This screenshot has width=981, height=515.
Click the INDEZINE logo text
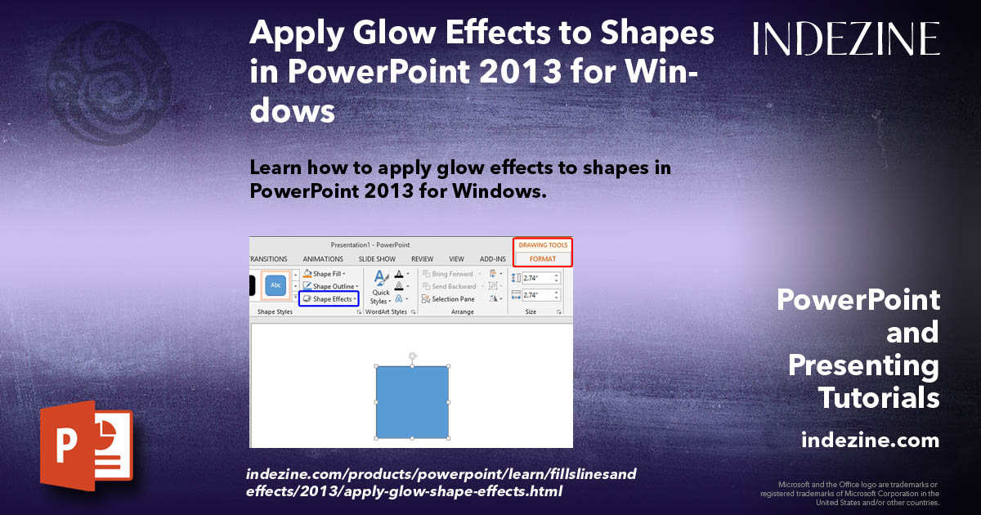point(846,38)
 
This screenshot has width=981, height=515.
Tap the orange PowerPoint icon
point(86,446)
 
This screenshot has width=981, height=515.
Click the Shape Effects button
point(329,299)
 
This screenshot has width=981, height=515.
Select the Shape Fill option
point(325,274)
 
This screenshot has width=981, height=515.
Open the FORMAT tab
point(542,259)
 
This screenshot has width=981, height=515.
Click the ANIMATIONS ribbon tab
point(323,259)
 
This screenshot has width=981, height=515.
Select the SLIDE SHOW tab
point(377,259)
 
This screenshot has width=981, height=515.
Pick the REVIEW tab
point(423,259)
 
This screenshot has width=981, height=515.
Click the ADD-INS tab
point(493,259)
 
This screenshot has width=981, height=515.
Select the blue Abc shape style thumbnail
point(275,286)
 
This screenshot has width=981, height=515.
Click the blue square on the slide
point(412,401)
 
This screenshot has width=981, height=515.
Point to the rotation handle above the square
point(412,356)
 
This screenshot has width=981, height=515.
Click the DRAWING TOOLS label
point(543,245)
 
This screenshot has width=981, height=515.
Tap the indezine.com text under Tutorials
point(870,441)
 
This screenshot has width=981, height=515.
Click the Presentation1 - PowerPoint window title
point(370,245)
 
